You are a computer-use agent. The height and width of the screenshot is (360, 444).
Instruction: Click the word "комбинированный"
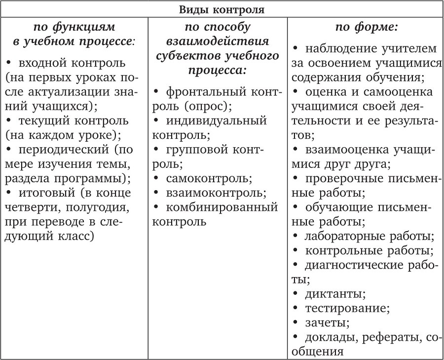222,206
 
